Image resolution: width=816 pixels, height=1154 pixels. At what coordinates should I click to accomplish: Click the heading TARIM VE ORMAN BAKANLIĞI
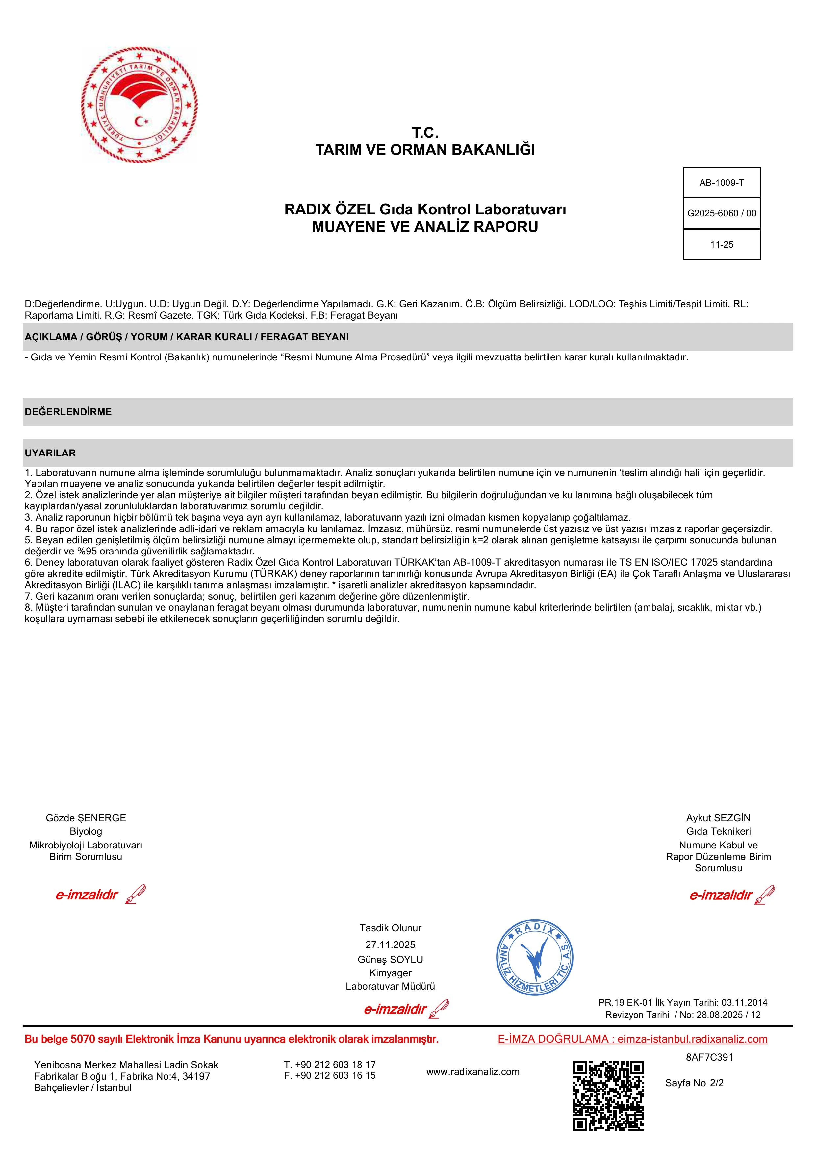[425, 150]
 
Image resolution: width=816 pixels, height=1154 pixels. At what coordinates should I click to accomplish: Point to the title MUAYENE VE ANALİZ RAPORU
[425, 227]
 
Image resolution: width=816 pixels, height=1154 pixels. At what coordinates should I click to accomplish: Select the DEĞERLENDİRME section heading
[68, 412]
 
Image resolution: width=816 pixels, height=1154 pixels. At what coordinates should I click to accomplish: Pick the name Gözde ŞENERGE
[86, 818]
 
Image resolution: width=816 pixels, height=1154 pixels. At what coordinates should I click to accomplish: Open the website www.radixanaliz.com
[472, 1071]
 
